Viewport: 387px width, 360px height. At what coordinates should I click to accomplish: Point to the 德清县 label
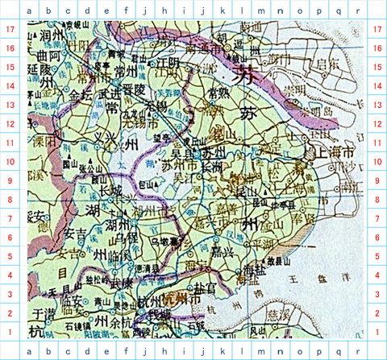tap(147, 268)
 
